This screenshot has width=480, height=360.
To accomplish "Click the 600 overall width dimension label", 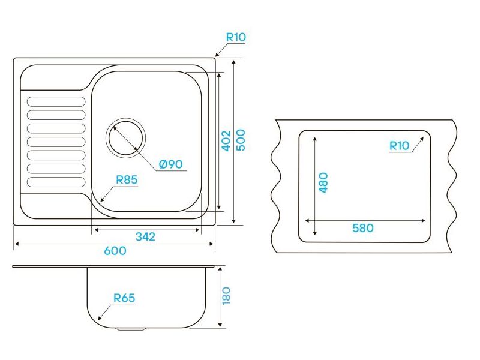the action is [115, 251].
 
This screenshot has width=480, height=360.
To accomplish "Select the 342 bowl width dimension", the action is [145, 236].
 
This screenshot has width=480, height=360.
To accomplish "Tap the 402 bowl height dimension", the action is [226, 141].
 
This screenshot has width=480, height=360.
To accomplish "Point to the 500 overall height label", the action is [241, 140].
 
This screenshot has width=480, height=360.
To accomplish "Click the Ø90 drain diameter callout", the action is [171, 164].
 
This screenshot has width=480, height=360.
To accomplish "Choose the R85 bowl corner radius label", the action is [127, 179].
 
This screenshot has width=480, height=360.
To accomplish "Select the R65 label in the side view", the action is [124, 298].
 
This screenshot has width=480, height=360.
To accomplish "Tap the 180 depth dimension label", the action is [226, 296].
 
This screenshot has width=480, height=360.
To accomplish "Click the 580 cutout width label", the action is [363, 228].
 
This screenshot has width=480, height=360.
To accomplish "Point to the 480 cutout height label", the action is [323, 183].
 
